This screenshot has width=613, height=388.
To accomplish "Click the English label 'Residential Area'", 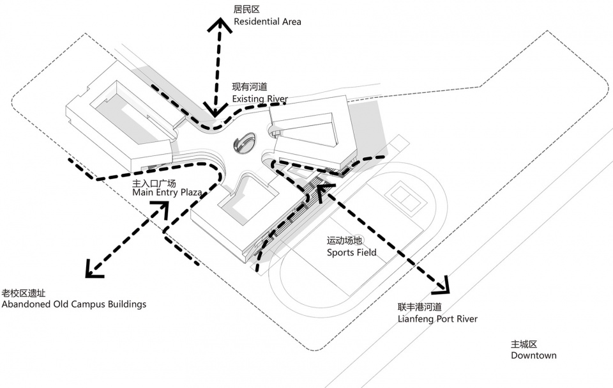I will coord(267,22).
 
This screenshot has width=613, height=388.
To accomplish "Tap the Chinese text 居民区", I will coord(246,10).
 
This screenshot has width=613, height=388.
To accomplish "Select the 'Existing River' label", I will coord(259,99).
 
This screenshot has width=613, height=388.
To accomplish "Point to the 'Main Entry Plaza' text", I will coord(167,192).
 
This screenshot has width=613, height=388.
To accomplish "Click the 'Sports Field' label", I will coord(351,252).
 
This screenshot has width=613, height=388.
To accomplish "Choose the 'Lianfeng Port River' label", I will coord(437,319).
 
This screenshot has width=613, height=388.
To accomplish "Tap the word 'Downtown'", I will coord(533,355).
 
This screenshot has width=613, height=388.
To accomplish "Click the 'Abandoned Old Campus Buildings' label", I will coord(74,304).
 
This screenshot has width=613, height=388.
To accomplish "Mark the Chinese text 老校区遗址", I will coord(24,293).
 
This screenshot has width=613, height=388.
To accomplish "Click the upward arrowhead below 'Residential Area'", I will coord(221,26).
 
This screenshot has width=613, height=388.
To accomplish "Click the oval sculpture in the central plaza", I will coord(243,143).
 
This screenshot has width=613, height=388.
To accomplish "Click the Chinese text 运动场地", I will coord(345,240).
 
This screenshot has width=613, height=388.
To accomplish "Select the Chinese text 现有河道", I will coord(250,87).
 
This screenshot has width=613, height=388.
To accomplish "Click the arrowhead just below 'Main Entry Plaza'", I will coord(160,208).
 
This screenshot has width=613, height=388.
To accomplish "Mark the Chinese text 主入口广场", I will coord(153,182).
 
